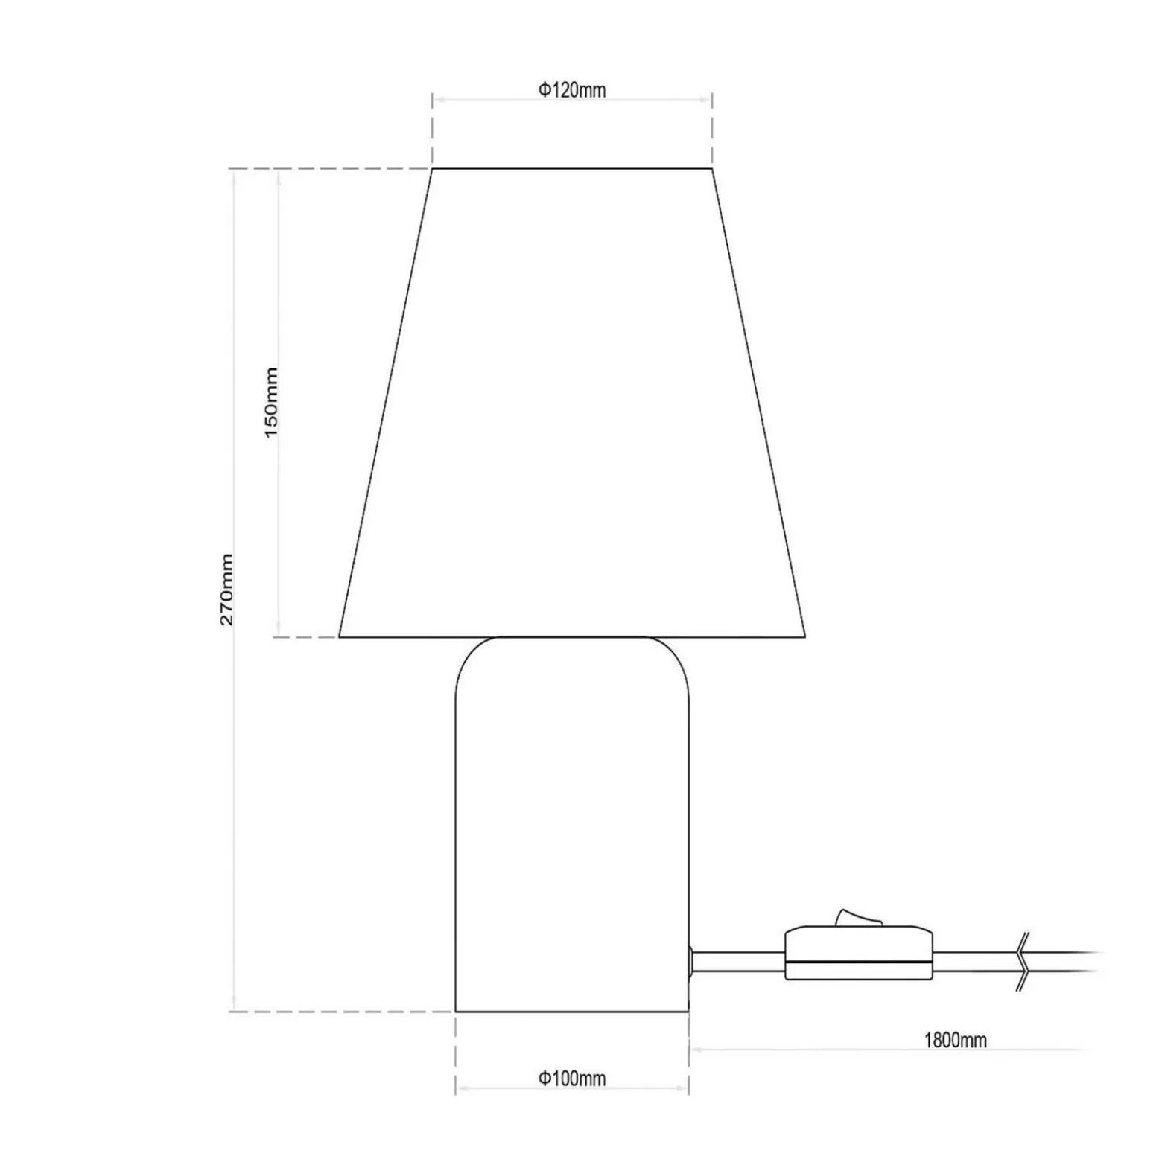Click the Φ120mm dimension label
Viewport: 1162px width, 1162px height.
(572, 90)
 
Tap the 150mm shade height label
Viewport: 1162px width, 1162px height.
(271, 402)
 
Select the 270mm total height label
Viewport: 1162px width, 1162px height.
(226, 589)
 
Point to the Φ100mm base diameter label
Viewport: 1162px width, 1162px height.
(572, 1078)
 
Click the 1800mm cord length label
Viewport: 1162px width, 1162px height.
(956, 1039)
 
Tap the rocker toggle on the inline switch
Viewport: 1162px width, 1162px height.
(859, 918)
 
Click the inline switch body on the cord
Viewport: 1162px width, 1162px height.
(859, 953)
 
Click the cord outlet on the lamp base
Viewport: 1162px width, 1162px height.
(691, 961)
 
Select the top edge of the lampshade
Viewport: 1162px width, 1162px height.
(572, 169)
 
